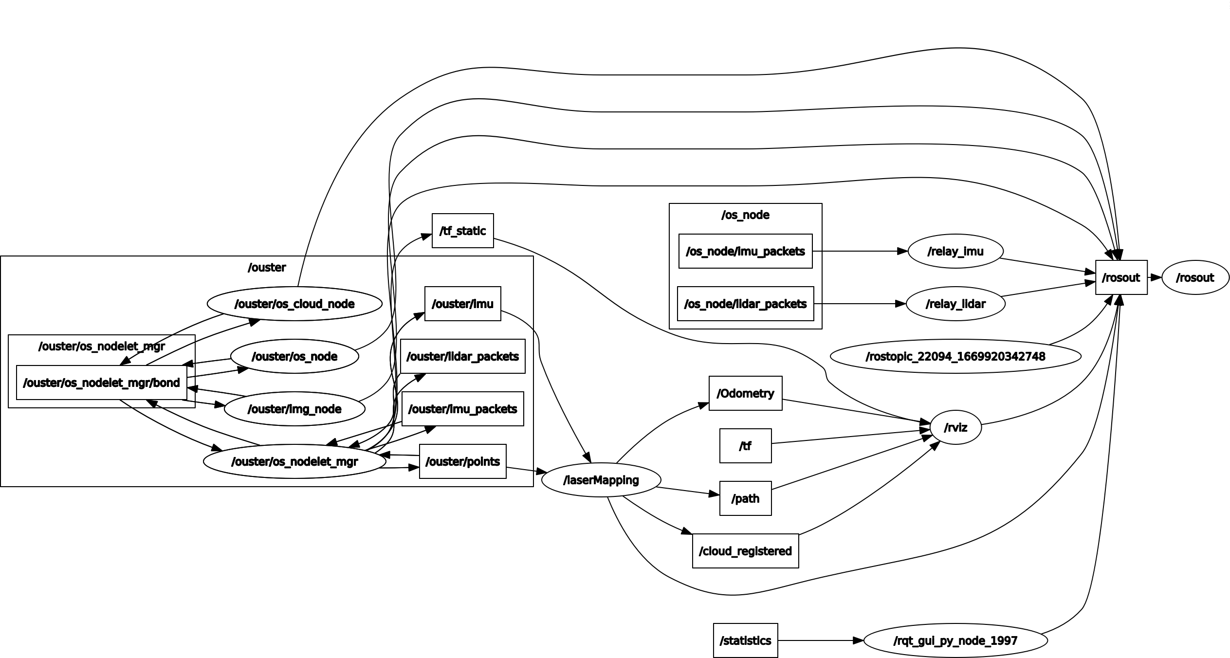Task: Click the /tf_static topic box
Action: point(462,231)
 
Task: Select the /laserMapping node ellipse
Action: point(601,480)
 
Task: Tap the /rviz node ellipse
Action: point(955,427)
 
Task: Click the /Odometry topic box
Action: point(745,393)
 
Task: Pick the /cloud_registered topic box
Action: point(745,551)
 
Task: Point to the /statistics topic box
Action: point(745,640)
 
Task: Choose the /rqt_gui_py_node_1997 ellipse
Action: point(955,640)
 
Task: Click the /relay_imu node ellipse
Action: point(955,251)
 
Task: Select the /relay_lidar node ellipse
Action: point(955,304)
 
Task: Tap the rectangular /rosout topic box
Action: point(1121,277)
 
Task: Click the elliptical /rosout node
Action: point(1195,277)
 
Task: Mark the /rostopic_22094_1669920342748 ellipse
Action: point(955,356)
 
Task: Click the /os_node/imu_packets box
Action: point(745,251)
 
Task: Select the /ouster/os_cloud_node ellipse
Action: point(294,304)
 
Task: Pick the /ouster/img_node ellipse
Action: point(294,409)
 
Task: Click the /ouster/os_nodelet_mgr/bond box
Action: point(102,383)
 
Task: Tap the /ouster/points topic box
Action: point(462,461)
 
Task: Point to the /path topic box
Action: point(745,498)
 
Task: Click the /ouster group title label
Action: point(267,267)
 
